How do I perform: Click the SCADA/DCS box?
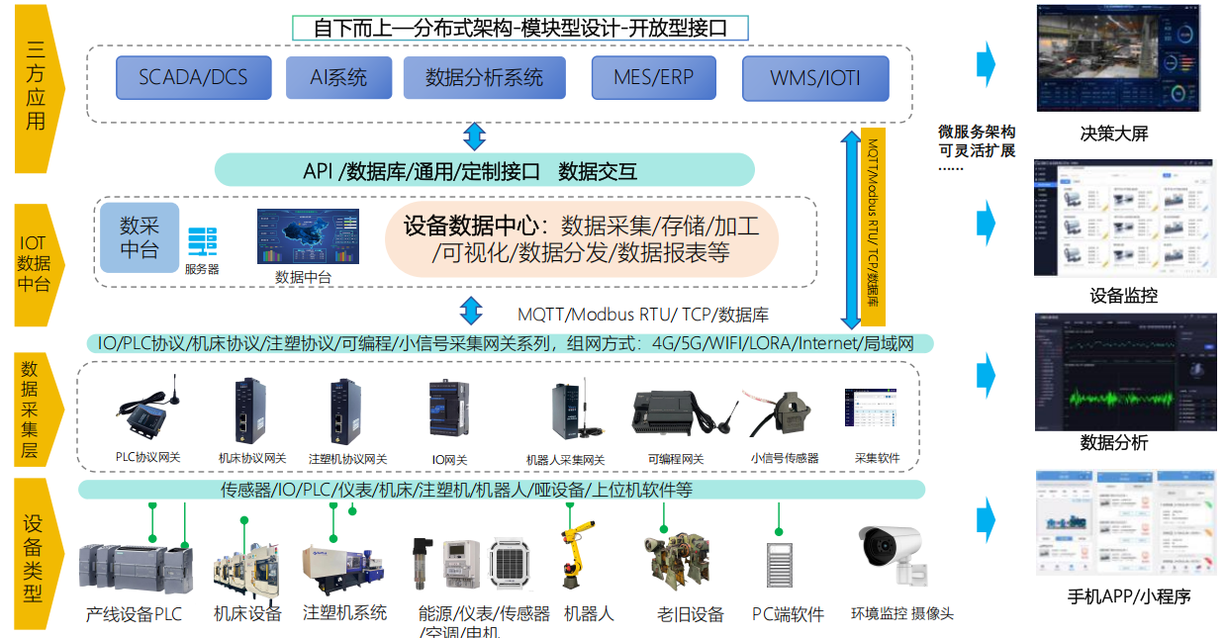[x=193, y=77]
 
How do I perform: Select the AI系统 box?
[x=338, y=77]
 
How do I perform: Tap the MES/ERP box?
[x=653, y=77]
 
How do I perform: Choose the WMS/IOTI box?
[x=815, y=77]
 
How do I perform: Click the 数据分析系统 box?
[x=484, y=77]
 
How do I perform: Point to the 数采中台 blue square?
[x=140, y=237]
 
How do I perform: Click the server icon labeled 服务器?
[x=202, y=242]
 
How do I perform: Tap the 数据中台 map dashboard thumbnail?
[x=308, y=236]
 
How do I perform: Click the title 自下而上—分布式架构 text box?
[x=520, y=28]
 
